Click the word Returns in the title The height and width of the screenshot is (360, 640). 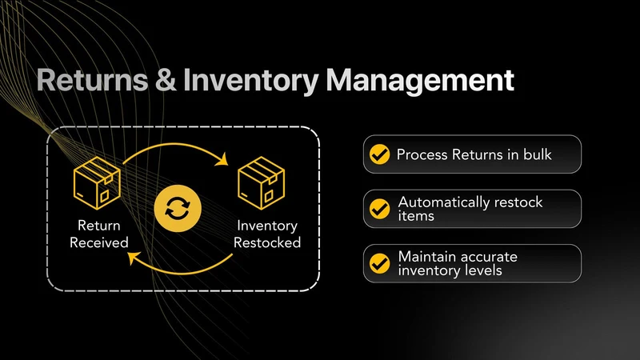click(x=92, y=80)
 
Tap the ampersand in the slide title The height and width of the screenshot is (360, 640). click(x=166, y=80)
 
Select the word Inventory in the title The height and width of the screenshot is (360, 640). click(x=251, y=82)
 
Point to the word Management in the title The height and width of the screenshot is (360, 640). click(x=420, y=82)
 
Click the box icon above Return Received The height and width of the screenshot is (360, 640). click(x=97, y=183)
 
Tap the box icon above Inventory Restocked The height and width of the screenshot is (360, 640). click(x=262, y=183)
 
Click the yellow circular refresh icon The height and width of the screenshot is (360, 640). click(x=178, y=208)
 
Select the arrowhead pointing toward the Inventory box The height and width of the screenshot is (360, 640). click(x=222, y=159)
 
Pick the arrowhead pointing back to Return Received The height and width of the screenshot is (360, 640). click(x=134, y=258)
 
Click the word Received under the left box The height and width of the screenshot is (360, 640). click(x=99, y=242)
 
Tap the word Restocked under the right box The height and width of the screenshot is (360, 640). click(x=267, y=242)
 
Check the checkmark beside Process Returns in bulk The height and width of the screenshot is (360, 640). click(x=379, y=154)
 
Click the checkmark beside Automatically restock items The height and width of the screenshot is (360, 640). click(x=379, y=209)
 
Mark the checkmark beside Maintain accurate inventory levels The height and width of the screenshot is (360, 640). click(x=379, y=263)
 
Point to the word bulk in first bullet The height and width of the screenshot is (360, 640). click(x=538, y=154)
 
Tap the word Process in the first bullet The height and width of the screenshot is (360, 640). click(x=422, y=154)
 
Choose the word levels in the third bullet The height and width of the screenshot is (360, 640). click(x=486, y=270)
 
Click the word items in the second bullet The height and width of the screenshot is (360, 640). click(x=416, y=215)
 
